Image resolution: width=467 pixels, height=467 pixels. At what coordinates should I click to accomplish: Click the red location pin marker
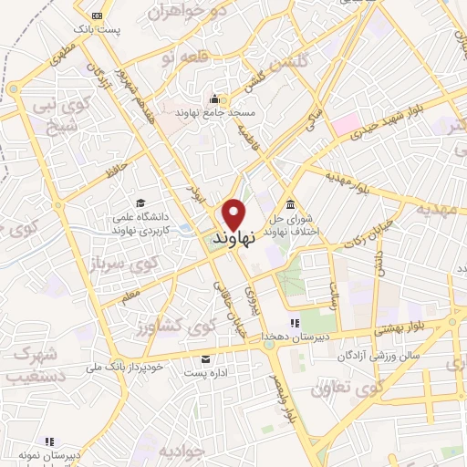233,213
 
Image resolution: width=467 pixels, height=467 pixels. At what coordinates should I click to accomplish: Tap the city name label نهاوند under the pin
232,237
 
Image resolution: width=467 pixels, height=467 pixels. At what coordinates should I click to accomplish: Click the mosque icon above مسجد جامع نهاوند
215,99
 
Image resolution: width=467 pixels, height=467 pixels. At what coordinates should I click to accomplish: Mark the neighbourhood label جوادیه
181,451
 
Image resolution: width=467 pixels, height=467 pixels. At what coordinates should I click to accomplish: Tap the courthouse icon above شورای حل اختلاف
290,203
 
